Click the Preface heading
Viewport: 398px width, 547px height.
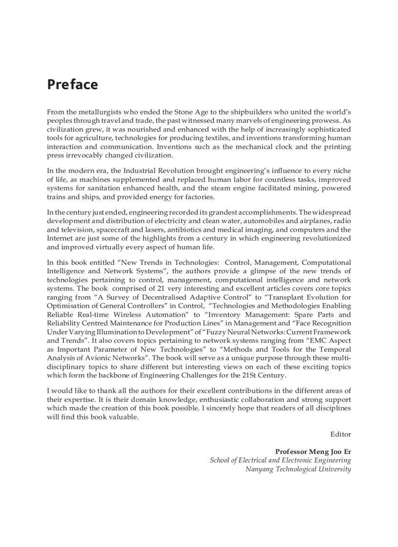click(x=72, y=84)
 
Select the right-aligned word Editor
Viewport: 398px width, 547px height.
click(x=340, y=434)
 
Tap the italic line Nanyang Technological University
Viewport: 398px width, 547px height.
click(x=298, y=469)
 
